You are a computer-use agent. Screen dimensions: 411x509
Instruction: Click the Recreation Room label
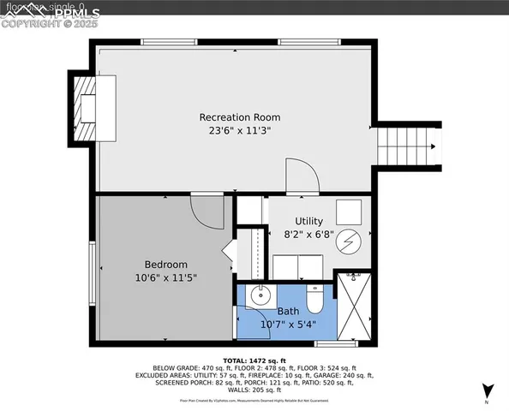click(x=239, y=117)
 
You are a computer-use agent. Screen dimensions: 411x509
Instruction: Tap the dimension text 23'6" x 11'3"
click(x=239, y=131)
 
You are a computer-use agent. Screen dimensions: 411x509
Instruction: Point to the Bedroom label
click(x=165, y=265)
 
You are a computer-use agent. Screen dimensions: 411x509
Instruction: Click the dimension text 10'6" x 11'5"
click(x=165, y=278)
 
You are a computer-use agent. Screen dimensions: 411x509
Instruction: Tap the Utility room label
click(x=308, y=220)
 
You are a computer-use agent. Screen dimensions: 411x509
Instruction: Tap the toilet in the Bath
click(x=314, y=299)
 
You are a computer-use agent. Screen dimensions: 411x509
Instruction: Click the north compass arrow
click(x=487, y=390)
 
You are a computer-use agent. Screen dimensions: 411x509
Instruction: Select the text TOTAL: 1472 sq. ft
click(x=254, y=360)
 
